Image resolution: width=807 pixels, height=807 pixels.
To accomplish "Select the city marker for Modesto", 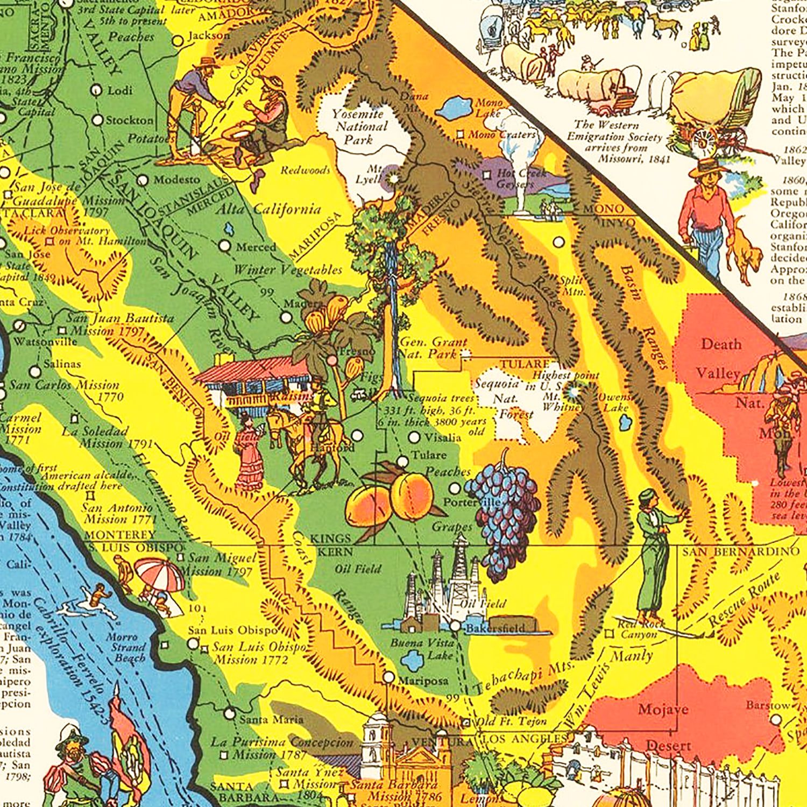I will (143, 180).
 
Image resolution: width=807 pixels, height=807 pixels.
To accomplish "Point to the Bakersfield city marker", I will (456, 626).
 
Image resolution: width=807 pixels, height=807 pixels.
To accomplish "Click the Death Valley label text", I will (720, 358).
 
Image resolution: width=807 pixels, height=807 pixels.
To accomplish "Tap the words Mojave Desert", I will (665, 726).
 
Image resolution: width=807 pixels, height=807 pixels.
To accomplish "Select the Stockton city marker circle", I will (97, 120).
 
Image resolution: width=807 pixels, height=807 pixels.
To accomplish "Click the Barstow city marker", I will (775, 719).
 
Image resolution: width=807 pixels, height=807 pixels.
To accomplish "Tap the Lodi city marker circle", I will (97, 90).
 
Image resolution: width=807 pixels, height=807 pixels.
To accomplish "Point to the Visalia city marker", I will (414, 437).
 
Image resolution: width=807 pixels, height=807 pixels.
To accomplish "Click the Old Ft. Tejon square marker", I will (466, 722).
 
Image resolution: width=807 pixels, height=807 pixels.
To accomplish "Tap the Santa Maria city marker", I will (230, 713).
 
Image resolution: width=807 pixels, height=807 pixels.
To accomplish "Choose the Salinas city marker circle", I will (35, 371).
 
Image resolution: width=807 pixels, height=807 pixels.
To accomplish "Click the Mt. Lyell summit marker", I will (394, 178).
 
